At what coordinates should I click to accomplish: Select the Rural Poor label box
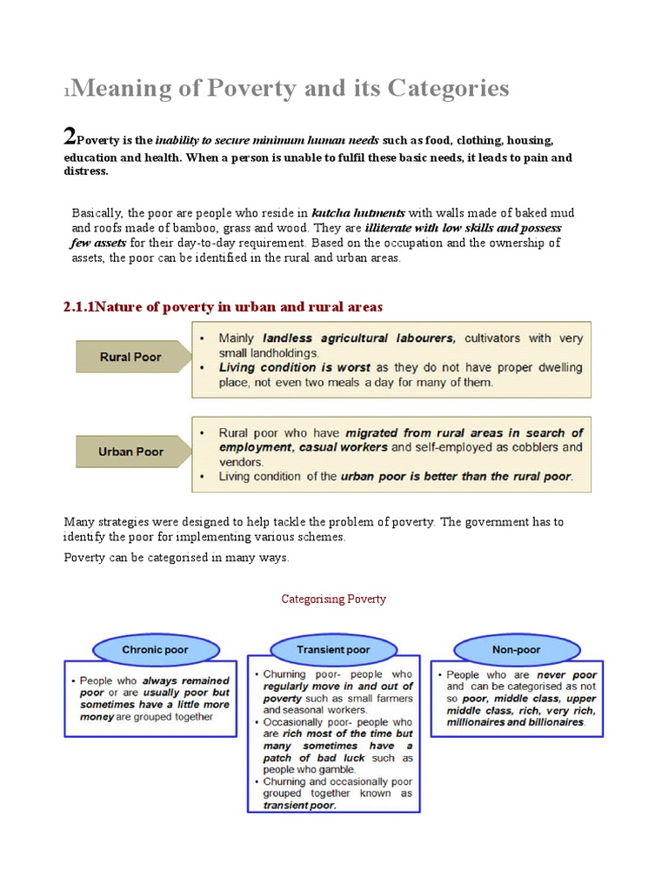pyautogui.click(x=130, y=357)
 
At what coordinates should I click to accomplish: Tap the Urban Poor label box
pyautogui.click(x=130, y=452)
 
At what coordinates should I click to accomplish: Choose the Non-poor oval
pyautogui.click(x=518, y=650)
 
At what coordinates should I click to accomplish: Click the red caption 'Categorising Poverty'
pyautogui.click(x=334, y=599)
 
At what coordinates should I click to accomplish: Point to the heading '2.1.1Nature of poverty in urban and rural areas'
pyautogui.click(x=223, y=307)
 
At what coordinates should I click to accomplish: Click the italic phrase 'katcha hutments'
pyautogui.click(x=347, y=213)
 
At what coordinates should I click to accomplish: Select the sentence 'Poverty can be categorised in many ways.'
pyautogui.click(x=176, y=557)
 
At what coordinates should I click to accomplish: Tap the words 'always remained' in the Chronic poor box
pyautogui.click(x=186, y=680)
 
